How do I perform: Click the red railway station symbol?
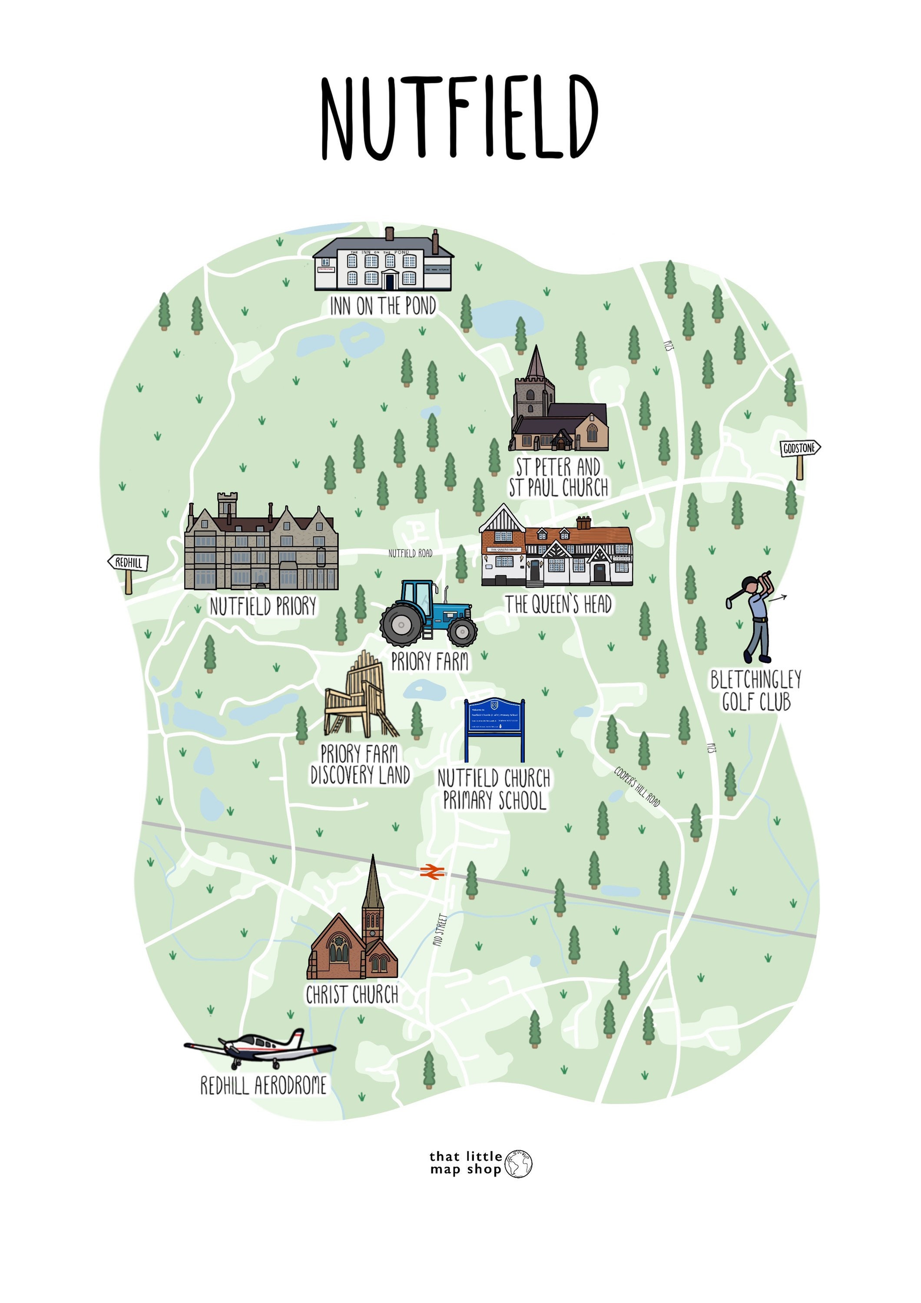pos(432,872)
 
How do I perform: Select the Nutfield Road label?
pos(410,553)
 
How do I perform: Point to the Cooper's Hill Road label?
pos(637,787)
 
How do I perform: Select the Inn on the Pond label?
pos(383,307)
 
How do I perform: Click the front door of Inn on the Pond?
pos(389,280)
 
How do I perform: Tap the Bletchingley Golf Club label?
pos(756,691)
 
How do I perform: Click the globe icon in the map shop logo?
pos(518,1164)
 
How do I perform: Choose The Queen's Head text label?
pos(558,605)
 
